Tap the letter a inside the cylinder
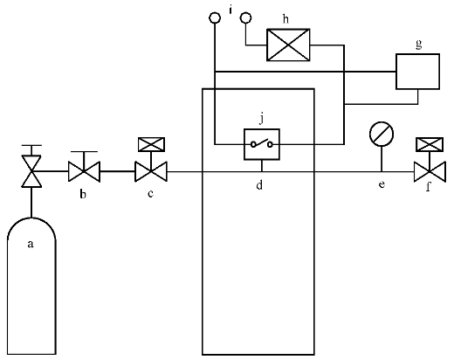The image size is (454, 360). pyautogui.click(x=31, y=244)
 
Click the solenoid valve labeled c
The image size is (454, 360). pyautogui.click(x=151, y=171)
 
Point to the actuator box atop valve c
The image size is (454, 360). pyautogui.click(x=151, y=144)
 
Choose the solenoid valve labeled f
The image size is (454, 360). pyautogui.click(x=430, y=172)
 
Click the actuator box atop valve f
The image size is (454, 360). pyautogui.click(x=430, y=144)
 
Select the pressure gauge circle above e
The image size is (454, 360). pyautogui.click(x=382, y=135)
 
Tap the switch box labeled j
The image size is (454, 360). pyautogui.click(x=262, y=144)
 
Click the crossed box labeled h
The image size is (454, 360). pyautogui.click(x=288, y=45)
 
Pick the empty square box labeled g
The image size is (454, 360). pyautogui.click(x=417, y=72)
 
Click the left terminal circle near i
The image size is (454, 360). pyautogui.click(x=215, y=17)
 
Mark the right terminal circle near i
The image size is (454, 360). pyautogui.click(x=246, y=17)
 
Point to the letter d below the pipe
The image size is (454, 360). pyautogui.click(x=259, y=184)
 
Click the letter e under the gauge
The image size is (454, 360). pyautogui.click(x=382, y=184)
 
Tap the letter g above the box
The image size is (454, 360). pyautogui.click(x=418, y=45)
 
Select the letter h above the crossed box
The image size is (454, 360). pyautogui.click(x=286, y=19)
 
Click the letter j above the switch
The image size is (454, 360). pyautogui.click(x=262, y=119)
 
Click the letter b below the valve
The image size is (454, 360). pyautogui.click(x=83, y=194)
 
